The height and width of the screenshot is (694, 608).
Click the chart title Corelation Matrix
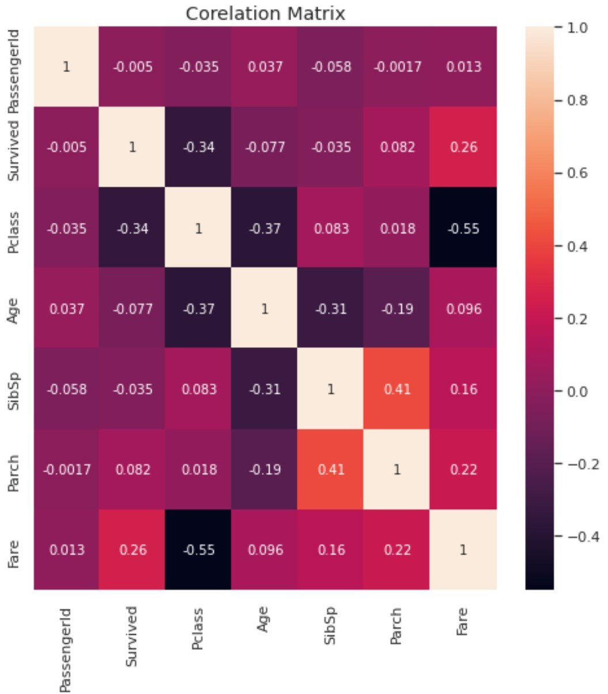(x=265, y=13)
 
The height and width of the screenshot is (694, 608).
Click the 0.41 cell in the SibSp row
(x=398, y=389)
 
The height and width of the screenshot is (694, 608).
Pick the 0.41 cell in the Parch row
(x=331, y=470)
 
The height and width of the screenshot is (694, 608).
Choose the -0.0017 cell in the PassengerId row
(x=398, y=67)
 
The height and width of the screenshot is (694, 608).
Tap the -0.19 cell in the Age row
(x=398, y=309)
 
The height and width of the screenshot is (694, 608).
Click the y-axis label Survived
(x=14, y=147)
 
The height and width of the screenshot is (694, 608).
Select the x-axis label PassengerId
(x=66, y=649)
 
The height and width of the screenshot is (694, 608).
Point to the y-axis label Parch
(x=14, y=470)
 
